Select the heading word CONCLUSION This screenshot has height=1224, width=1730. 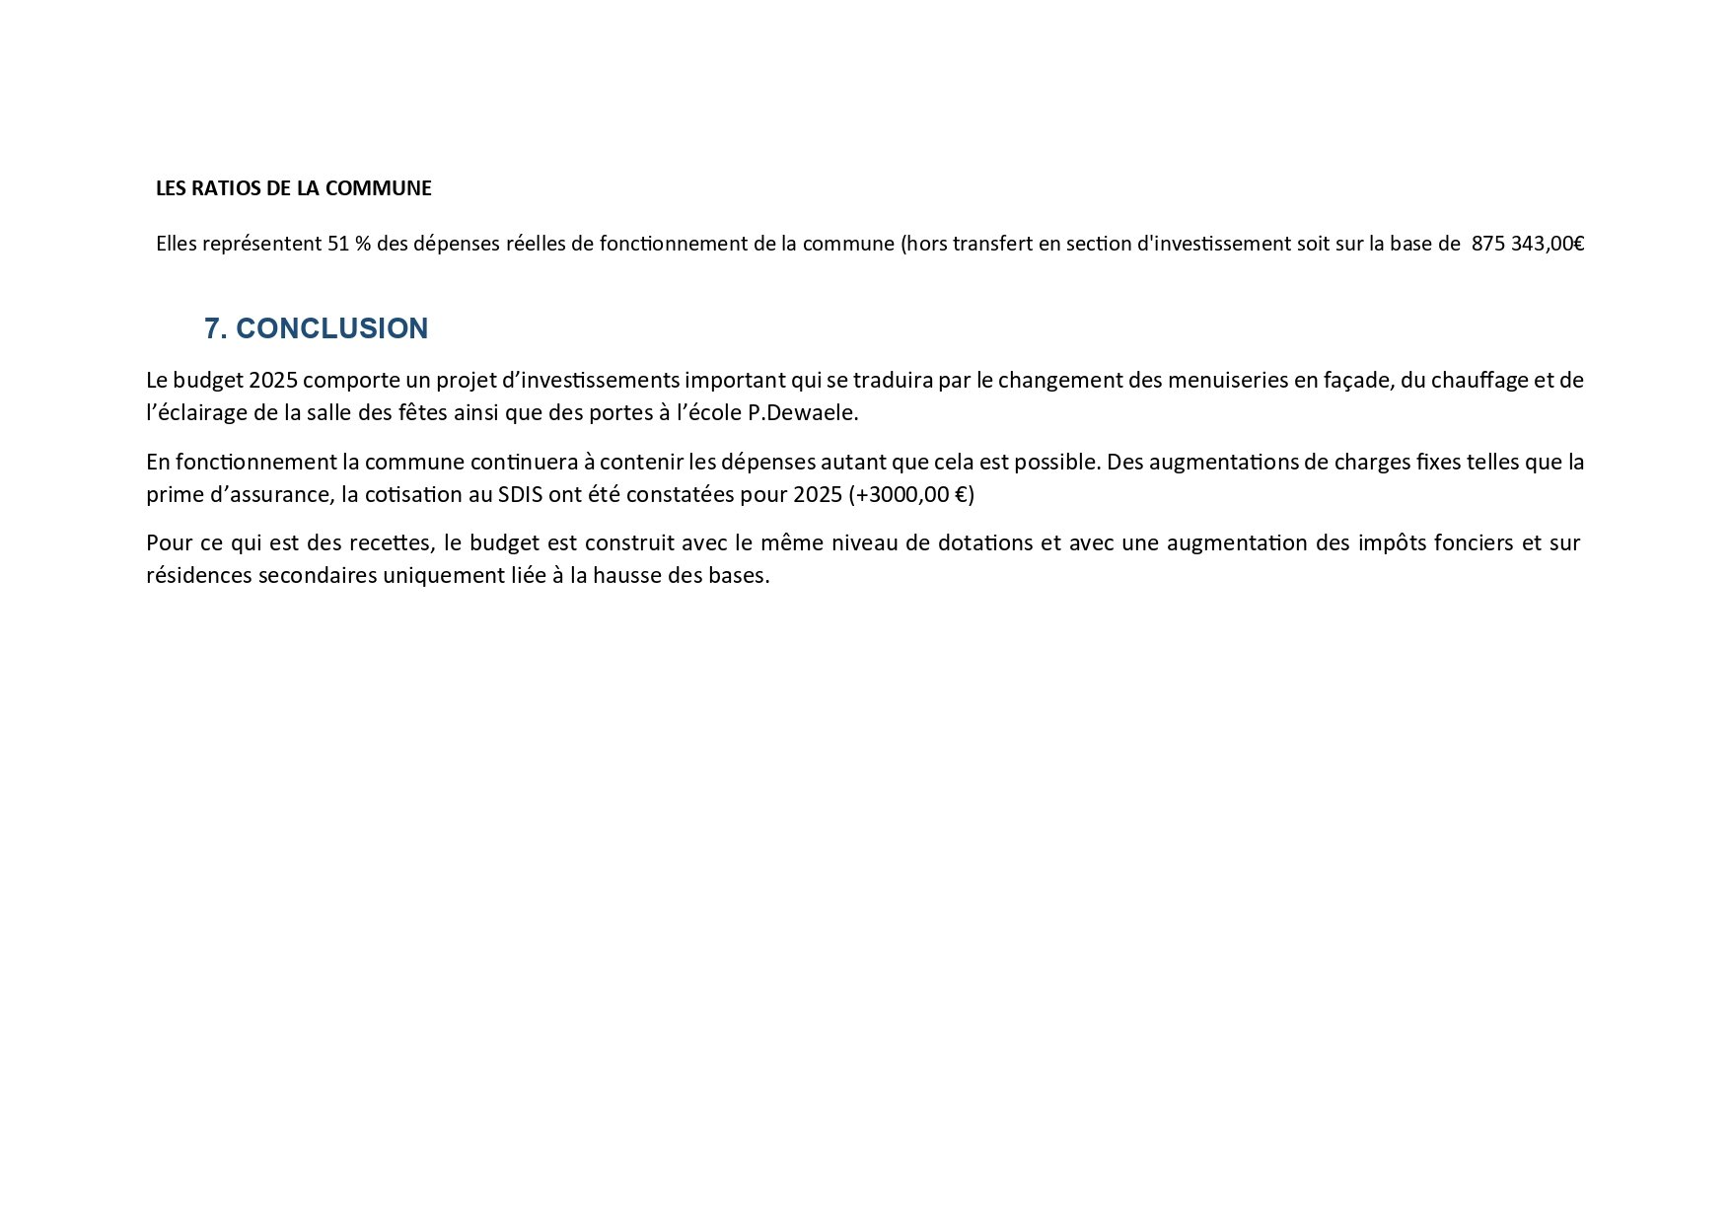click(332, 328)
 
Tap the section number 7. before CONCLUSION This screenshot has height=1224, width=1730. click(216, 328)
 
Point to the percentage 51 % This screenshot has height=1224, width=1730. click(348, 244)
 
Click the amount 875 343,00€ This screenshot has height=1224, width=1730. click(1527, 244)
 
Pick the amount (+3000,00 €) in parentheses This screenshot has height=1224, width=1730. click(910, 494)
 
